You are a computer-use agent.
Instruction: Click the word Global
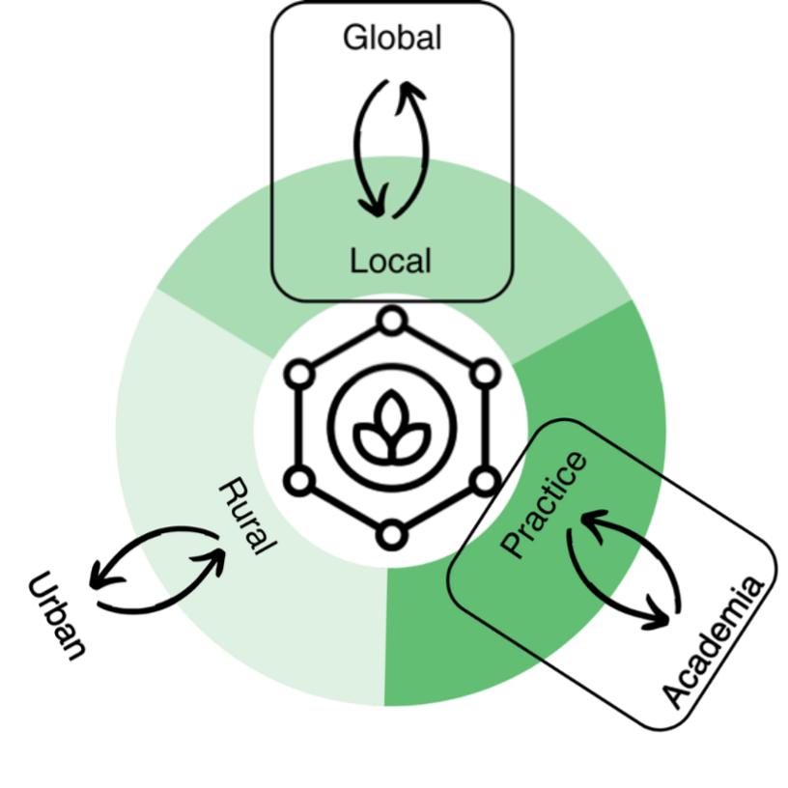392,38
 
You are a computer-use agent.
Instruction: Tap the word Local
390,261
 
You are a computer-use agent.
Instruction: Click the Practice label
544,504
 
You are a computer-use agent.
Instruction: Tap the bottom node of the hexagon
390,534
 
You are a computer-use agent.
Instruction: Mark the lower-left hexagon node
298,480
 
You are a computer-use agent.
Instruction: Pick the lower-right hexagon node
483,480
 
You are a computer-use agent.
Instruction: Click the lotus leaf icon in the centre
390,428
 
